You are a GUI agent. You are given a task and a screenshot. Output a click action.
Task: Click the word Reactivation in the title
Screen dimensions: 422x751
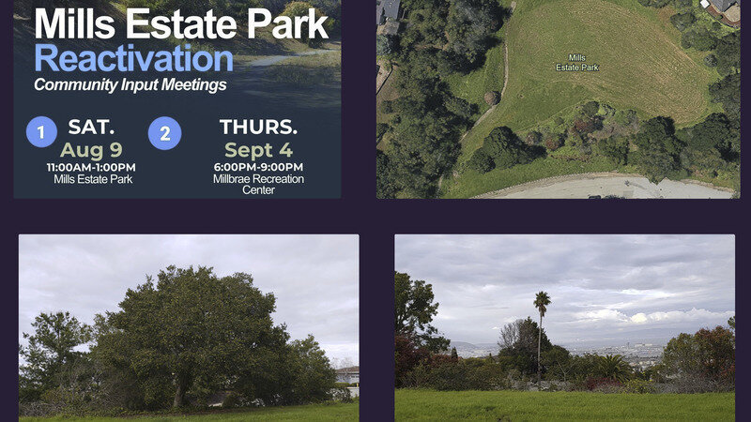(x=133, y=58)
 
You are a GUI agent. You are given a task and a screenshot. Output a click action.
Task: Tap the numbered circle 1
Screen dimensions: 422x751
(x=41, y=132)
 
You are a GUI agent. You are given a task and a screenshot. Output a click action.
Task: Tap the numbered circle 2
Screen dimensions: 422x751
(x=165, y=133)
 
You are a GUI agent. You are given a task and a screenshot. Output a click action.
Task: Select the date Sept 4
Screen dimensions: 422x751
(x=257, y=150)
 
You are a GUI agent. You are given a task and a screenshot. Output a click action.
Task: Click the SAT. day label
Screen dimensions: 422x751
(x=91, y=127)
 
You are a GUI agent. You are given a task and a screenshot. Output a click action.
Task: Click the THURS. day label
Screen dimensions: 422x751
(x=257, y=127)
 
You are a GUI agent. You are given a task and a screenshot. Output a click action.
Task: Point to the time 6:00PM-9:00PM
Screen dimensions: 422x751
(x=257, y=167)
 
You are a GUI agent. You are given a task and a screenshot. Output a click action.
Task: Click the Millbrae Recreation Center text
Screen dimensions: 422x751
(x=257, y=184)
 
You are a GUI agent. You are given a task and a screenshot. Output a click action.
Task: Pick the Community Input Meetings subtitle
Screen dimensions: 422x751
(x=130, y=84)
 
